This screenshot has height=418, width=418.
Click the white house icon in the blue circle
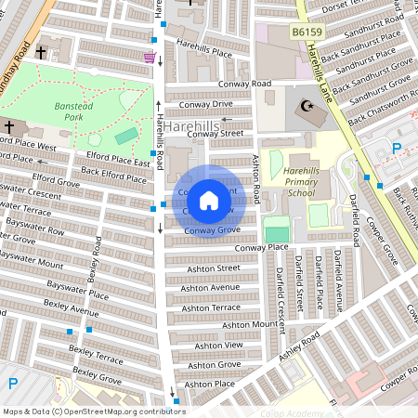coord(209,201)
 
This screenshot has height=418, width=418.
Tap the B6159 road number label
coord(307,32)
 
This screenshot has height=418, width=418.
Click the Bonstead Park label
coord(68,112)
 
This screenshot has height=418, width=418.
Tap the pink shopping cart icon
coord(149,58)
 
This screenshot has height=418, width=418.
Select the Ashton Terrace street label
coord(211,307)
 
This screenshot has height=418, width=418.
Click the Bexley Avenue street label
coord(71,309)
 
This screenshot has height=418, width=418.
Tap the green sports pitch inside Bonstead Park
coord(125,137)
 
